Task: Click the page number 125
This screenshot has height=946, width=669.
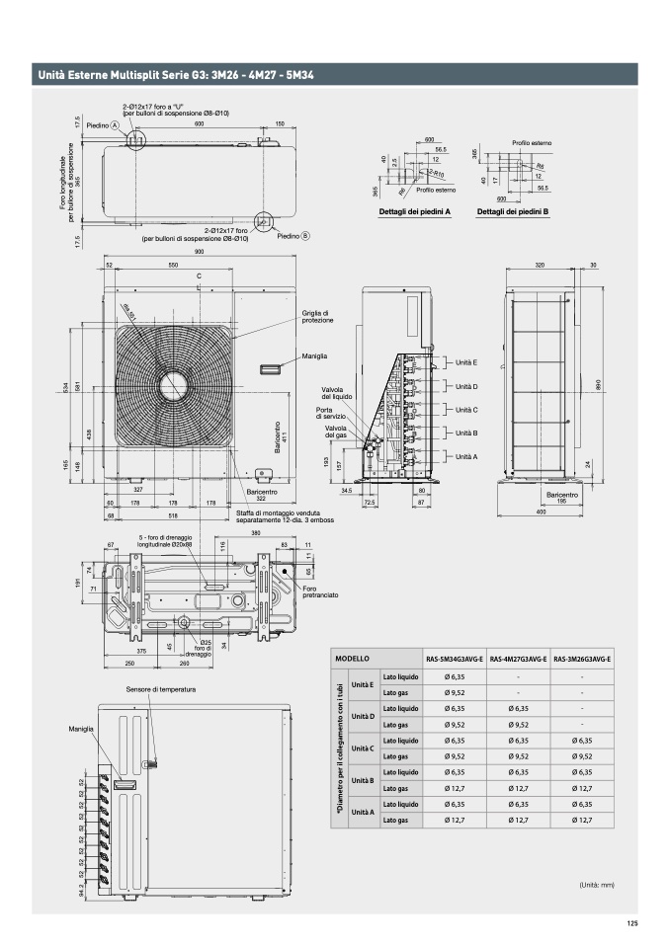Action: click(632, 923)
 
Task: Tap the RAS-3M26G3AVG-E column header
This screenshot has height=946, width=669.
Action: click(582, 659)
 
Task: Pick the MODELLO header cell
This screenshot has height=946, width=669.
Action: click(353, 659)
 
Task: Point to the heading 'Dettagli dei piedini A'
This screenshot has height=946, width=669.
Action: click(415, 210)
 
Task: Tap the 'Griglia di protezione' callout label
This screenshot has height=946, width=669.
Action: click(317, 318)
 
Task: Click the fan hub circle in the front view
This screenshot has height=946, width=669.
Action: click(177, 384)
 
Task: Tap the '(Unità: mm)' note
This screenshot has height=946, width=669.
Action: click(596, 885)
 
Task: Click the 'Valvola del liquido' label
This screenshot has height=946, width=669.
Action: click(337, 393)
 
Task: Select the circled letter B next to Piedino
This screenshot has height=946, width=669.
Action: click(305, 236)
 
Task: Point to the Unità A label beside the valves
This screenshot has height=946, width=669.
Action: click(466, 456)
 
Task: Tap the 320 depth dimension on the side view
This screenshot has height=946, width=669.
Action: click(540, 266)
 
